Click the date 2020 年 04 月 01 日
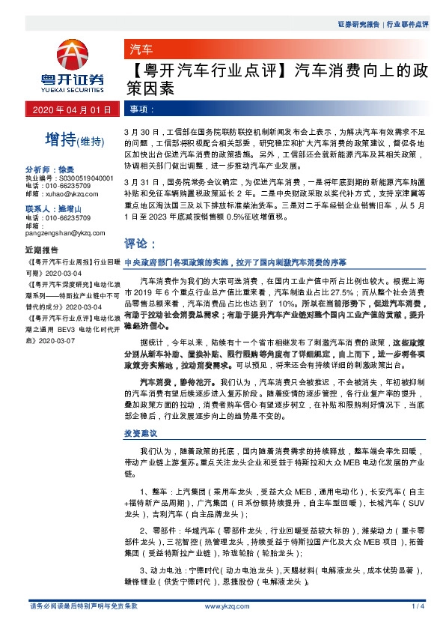(71, 109)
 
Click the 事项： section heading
(141, 109)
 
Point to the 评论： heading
(140, 244)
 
